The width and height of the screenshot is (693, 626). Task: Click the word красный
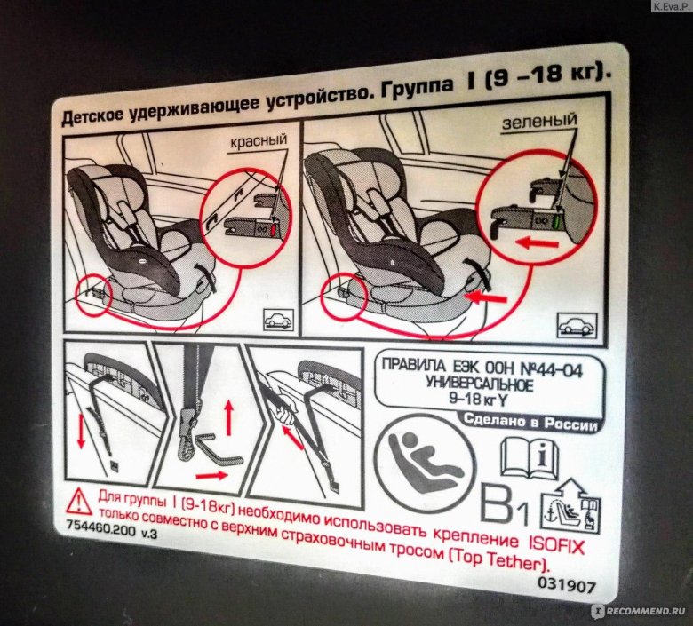point(259,141)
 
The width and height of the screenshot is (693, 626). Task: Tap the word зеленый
point(539,121)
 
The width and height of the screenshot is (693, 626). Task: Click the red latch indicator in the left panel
point(273,229)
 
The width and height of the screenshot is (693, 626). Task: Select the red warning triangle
point(79,502)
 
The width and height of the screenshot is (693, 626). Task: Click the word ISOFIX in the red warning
point(556,545)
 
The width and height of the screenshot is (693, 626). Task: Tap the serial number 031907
point(567,585)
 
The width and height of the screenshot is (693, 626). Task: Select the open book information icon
point(530,459)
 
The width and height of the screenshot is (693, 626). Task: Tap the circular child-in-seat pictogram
point(425,464)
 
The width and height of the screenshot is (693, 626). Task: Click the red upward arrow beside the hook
point(228,417)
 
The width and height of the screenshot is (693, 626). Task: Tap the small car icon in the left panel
point(278,319)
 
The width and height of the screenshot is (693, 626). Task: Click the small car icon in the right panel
point(577,326)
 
